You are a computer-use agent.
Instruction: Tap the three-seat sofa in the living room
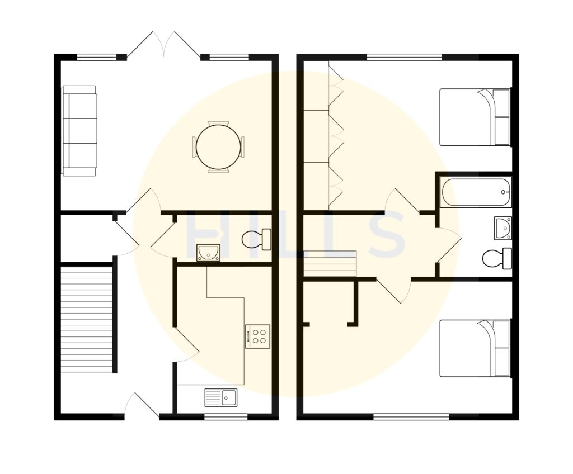click(79, 131)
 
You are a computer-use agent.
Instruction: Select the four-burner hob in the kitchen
click(257, 336)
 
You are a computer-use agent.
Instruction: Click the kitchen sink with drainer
click(221, 397)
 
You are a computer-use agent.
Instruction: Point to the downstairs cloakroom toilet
click(257, 240)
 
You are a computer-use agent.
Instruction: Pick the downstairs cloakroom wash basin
click(208, 253)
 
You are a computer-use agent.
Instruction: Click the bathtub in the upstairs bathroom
click(476, 192)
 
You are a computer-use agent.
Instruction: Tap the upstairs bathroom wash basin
click(503, 228)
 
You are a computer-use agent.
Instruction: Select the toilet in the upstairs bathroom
click(497, 258)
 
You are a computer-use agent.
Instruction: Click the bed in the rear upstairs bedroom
click(475, 117)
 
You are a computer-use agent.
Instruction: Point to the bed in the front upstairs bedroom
click(475, 348)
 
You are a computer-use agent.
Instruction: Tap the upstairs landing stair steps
click(330, 263)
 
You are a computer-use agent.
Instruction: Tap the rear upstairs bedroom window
click(404, 57)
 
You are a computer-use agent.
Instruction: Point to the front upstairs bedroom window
click(411, 416)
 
